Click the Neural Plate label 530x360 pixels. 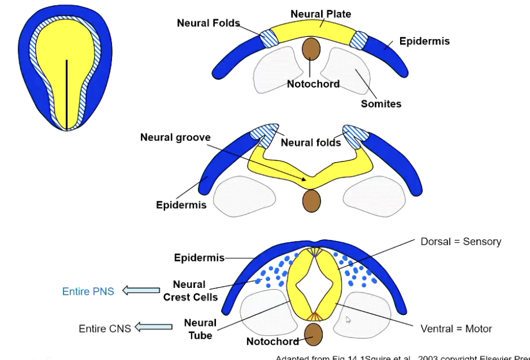tap(320, 14)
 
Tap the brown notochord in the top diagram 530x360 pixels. tap(311, 49)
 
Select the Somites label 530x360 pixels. tap(380, 104)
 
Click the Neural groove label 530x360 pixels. tap(176, 138)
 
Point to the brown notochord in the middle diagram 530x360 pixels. tap(311, 200)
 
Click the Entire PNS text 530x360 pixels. tap(88, 291)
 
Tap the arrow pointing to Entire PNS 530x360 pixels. tap(141, 290)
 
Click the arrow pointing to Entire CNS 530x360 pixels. tap(154, 327)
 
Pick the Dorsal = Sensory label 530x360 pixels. tap(461, 242)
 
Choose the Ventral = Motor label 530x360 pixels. tap(456, 329)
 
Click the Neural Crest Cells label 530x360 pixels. tap(190, 291)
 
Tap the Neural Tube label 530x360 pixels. tap(200, 329)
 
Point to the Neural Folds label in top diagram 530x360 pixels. tap(208, 24)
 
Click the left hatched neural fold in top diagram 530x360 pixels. tap(269, 38)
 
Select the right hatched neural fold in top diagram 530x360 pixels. tap(359, 40)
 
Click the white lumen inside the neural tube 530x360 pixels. tap(311, 284)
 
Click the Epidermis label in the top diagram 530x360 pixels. tap(425, 42)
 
